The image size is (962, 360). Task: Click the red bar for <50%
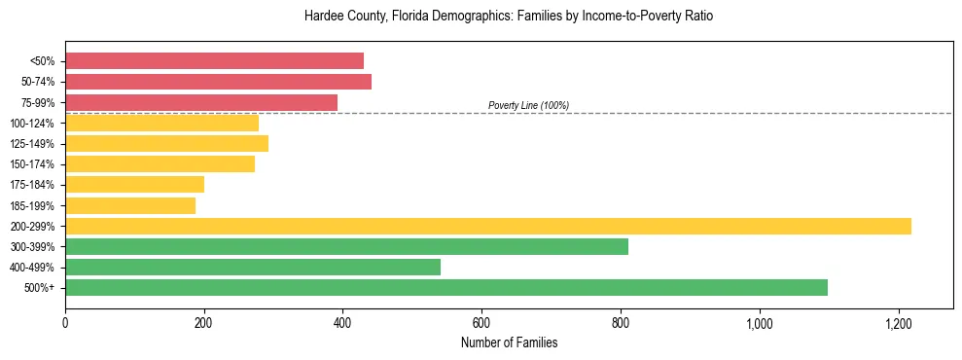(x=214, y=60)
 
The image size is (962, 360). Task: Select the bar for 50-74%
(x=218, y=82)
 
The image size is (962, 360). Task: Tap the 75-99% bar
(x=201, y=102)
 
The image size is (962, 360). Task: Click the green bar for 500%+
(x=446, y=287)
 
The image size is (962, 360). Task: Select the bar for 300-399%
(x=346, y=246)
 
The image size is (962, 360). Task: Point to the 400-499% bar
(x=253, y=267)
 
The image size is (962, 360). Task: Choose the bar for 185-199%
(x=130, y=205)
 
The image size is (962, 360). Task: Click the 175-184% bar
(x=134, y=184)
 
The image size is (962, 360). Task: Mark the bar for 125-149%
(x=166, y=143)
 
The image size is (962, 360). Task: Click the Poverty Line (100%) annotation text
(x=528, y=105)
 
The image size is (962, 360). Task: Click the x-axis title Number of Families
(x=509, y=342)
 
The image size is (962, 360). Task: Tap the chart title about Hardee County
(x=509, y=17)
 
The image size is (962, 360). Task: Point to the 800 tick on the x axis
(x=621, y=323)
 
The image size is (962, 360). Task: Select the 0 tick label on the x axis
(x=65, y=323)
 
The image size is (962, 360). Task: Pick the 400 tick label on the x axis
(x=342, y=323)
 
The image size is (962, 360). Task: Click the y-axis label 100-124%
(x=32, y=124)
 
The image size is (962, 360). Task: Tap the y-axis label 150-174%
(x=32, y=164)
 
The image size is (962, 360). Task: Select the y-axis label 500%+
(x=39, y=288)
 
